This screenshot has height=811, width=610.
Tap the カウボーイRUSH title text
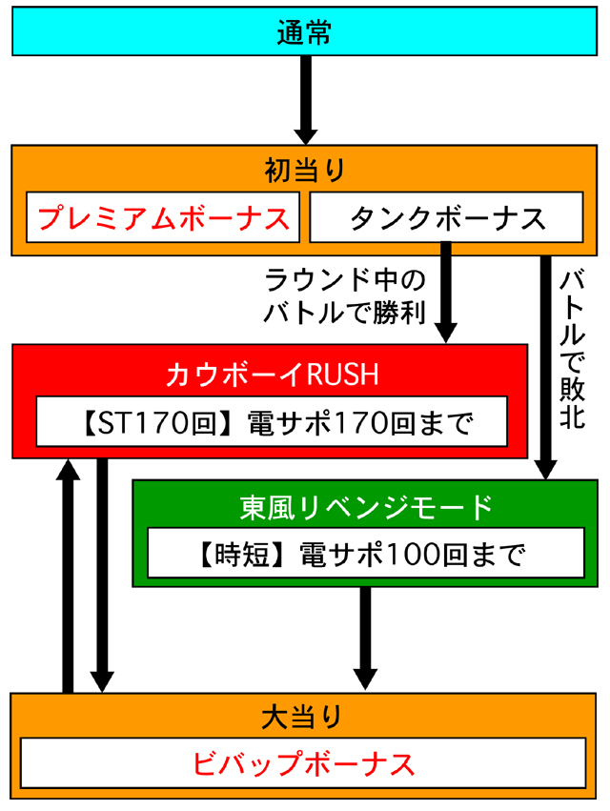coord(272,375)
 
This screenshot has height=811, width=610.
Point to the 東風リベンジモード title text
coord(366,506)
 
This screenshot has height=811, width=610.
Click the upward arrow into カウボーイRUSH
coord(68,572)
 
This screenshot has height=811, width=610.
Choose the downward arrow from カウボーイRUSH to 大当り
coord(103,572)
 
